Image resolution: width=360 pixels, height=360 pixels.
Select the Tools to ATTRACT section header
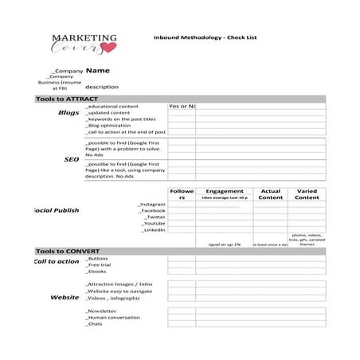pos(67,99)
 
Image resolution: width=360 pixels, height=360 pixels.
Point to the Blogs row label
pos(69,112)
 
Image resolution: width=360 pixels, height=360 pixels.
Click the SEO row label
pos(71,159)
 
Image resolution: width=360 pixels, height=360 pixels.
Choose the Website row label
pos(65,297)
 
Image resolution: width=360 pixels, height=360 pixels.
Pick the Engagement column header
pos(224,191)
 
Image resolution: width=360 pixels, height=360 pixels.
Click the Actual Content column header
pos(271,194)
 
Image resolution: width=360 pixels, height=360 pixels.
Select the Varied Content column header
pos(307,194)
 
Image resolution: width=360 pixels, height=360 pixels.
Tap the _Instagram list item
pos(151,204)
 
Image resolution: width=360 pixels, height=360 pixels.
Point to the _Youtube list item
pos(153,223)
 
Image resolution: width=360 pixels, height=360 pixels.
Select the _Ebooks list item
pos(96,272)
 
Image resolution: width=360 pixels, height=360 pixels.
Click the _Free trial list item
pos(99,264)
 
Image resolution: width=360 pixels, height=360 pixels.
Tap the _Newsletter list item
pos(101,311)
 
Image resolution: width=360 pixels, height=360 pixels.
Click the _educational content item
pos(112,106)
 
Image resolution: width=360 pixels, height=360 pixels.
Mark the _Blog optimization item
pos(108,125)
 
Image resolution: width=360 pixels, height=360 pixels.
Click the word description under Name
pos(102,86)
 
